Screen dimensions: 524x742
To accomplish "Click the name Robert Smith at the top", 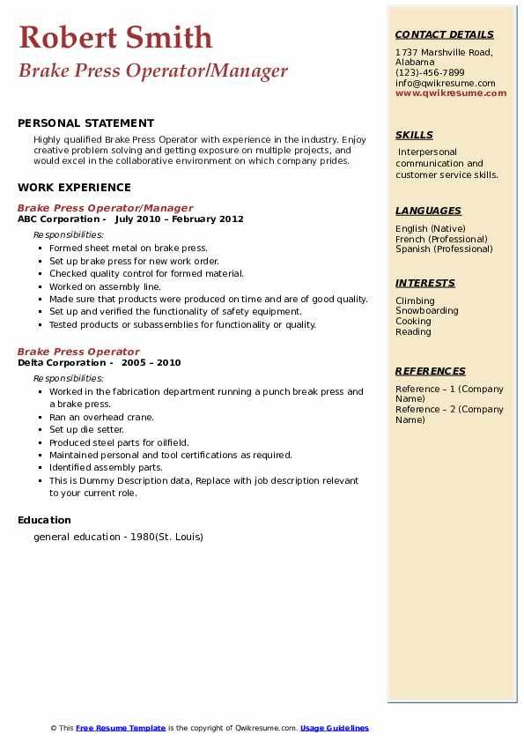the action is [115, 37].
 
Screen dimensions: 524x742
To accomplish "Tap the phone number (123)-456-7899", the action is [430, 73].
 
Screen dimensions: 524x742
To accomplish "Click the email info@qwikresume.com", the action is [445, 83].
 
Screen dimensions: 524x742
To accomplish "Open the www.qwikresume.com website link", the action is [451, 93].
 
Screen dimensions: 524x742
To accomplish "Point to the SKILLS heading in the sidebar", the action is [414, 135].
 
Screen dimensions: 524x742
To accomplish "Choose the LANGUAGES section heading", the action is [428, 211].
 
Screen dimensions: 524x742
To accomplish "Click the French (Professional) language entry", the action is [441, 239].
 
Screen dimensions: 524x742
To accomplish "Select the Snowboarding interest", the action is [426, 311].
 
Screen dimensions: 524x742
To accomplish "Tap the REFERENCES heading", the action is [431, 371].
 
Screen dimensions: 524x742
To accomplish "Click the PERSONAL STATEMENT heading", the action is [85, 123].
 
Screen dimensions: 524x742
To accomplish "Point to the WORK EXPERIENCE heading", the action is [74, 187].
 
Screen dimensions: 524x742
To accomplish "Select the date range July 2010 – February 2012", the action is [179, 219].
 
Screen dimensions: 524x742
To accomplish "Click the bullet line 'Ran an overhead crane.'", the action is [101, 417].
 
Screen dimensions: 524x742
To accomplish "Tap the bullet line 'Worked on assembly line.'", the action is [105, 286].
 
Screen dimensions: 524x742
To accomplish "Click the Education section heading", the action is [44, 520].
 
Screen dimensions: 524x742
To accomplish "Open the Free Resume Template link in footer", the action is [121, 728].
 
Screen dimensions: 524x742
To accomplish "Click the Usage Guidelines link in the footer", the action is [335, 728].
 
